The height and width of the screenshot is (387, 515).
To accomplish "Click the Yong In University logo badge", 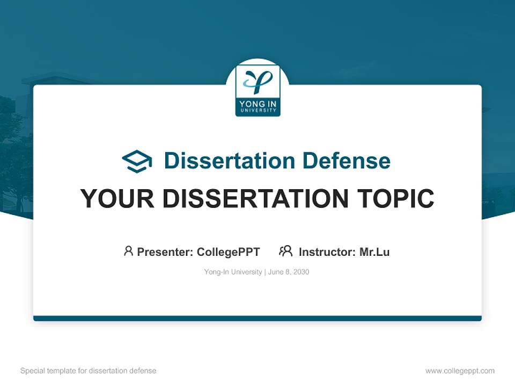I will pyautogui.click(x=257, y=90).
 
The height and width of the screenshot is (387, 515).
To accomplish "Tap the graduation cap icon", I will pyautogui.click(x=137, y=161).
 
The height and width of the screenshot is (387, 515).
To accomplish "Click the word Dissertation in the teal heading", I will pyautogui.click(x=229, y=161).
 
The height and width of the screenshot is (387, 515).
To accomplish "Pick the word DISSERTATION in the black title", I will pyautogui.click(x=256, y=198).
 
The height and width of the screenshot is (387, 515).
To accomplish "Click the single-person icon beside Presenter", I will pyautogui.click(x=128, y=251).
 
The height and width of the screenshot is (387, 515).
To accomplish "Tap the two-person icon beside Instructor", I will pyautogui.click(x=286, y=251).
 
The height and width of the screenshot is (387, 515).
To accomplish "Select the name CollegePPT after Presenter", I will pyautogui.click(x=229, y=252).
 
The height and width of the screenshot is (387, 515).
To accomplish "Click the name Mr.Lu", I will pyautogui.click(x=374, y=252).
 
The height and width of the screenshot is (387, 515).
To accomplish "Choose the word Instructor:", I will pyautogui.click(x=327, y=252).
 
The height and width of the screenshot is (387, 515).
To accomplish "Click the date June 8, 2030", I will pyautogui.click(x=289, y=272).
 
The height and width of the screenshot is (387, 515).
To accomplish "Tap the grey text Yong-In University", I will pyautogui.click(x=233, y=272).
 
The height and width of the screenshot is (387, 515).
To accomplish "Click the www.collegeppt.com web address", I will pyautogui.click(x=460, y=371).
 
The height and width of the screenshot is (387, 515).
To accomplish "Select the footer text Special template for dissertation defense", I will pyautogui.click(x=89, y=371).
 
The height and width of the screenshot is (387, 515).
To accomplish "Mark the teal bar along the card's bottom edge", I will pyautogui.click(x=257, y=318).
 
